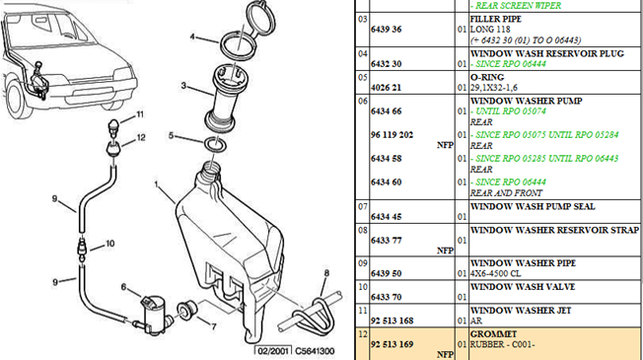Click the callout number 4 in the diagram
coord(192,36)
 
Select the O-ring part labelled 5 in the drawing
coord(215,145)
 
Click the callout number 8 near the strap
coord(326,273)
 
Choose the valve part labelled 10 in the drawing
coord(82,249)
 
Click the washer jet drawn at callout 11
coord(113,126)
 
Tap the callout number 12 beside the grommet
coord(141,137)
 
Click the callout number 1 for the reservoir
coord(156,184)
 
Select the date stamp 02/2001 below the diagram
coord(273,351)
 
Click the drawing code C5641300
coord(315,351)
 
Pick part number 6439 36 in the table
coord(386,30)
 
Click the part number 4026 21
coord(386,88)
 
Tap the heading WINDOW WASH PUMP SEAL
coord(533,207)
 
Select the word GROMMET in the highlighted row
coord(493,334)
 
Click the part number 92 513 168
coord(392,321)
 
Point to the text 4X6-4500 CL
coord(495,273)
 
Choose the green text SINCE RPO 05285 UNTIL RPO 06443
coord(546,159)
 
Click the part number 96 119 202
coord(392,135)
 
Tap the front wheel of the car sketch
coord(17,100)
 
